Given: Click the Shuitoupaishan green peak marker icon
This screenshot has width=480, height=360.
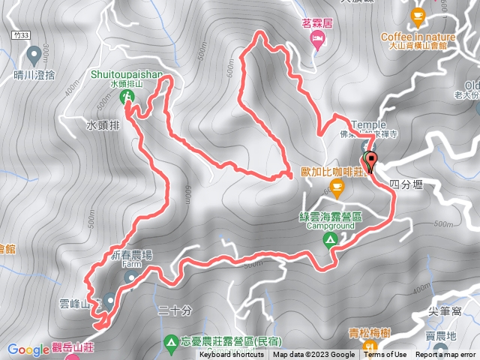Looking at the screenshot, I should point(127,96).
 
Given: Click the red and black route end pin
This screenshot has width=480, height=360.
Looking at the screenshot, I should point(370,160).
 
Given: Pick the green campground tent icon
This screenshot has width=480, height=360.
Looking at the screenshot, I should point(329,240).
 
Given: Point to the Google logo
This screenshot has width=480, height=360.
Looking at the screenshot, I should point(28,349).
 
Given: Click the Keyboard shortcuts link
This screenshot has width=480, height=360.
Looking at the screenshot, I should point(231,355).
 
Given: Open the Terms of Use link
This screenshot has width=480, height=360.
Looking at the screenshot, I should point(386,355).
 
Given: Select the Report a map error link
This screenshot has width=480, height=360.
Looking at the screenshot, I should point(445,355).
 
